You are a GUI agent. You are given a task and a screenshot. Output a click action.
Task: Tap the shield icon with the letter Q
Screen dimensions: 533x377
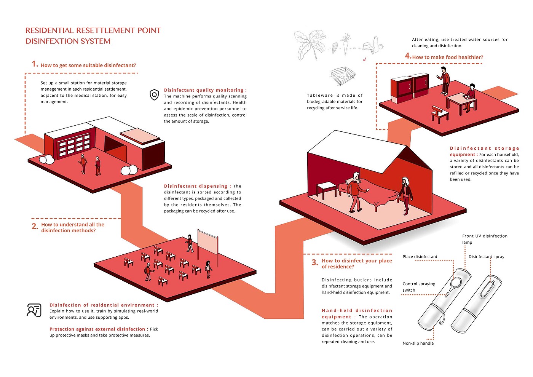pos(154,94)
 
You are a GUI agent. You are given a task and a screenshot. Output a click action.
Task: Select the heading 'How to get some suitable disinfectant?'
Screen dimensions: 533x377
pos(88,65)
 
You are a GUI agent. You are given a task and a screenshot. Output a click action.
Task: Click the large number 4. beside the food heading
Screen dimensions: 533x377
pos(408,56)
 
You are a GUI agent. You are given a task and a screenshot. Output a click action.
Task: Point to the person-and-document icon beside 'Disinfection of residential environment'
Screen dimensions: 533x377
pos(34,310)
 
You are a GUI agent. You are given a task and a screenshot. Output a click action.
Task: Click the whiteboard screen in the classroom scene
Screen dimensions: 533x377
pos(207,242)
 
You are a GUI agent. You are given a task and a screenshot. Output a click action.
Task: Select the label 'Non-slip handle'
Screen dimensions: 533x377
pos(418,343)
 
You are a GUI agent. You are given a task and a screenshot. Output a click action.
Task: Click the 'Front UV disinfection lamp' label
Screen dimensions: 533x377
pos(485,239)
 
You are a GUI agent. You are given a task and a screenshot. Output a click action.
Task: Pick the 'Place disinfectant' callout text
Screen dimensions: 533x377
pos(420,257)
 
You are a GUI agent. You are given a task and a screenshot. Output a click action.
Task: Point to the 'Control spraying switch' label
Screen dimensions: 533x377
pos(419,287)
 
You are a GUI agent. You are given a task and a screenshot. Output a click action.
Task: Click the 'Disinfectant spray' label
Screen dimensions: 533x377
pos(487,257)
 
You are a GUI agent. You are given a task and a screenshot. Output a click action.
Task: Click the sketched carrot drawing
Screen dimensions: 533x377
pos(345,44)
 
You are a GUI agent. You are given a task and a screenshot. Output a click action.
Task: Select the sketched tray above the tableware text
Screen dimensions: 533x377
pos(343,76)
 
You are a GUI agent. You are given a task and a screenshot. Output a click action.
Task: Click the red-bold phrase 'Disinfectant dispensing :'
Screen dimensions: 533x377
pos(197,186)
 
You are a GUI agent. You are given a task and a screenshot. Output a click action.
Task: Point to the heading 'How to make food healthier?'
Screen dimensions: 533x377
pos(448,58)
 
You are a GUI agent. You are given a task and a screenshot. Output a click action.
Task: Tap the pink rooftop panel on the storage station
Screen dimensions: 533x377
pos(140,136)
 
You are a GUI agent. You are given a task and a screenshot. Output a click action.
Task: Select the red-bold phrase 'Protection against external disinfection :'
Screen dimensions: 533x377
pos(99,329)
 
